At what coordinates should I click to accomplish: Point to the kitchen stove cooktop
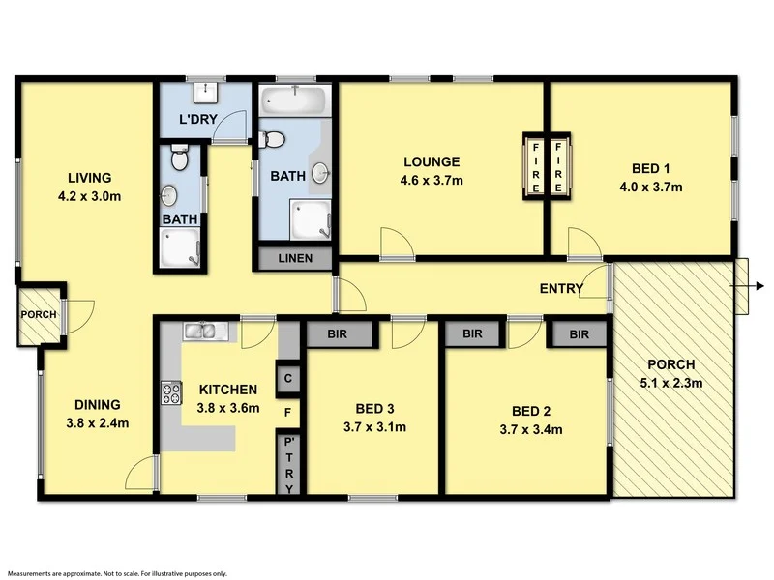[x=171, y=392]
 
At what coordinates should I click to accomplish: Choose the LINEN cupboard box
[x=295, y=259]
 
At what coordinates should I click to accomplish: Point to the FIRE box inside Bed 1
[x=559, y=165]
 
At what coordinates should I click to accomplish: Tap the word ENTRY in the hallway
[x=561, y=288]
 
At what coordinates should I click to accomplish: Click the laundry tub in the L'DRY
[x=205, y=93]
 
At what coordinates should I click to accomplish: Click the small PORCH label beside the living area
[x=39, y=314]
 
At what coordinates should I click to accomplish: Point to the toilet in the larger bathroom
[x=272, y=140]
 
